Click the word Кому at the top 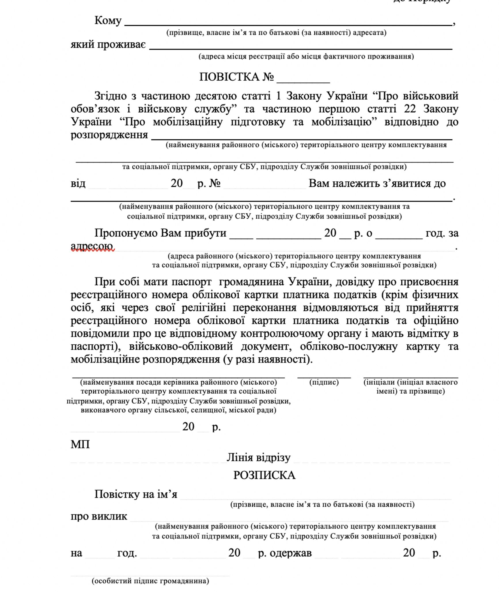coord(108,21)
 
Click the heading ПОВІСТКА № coord(236,77)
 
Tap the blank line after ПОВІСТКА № coord(303,82)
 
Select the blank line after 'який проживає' coord(300,49)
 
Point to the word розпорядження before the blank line coord(109,135)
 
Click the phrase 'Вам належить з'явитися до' coord(377,183)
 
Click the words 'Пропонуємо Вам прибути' coord(160,233)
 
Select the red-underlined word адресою coord(92,246)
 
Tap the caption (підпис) coord(324,382)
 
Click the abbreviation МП coord(80,445)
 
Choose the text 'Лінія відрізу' coord(258,458)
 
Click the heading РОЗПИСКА coord(264,475)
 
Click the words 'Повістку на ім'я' coord(136,494)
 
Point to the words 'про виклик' coord(99,516)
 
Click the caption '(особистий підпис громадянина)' coord(150,581)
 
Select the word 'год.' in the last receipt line coord(127,553)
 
